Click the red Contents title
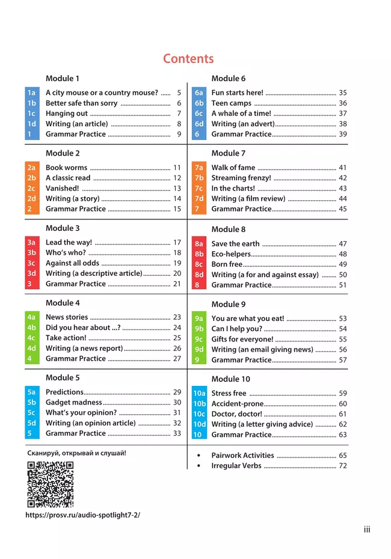pyautogui.click(x=188, y=59)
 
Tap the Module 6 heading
pyautogui.click(x=228, y=79)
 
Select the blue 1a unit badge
pyautogui.click(x=32, y=93)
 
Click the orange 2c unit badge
pyautogui.click(x=32, y=189)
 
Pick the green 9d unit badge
pyautogui.click(x=199, y=350)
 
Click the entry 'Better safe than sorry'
pyautogui.click(x=82, y=103)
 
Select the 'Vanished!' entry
pyautogui.click(x=63, y=189)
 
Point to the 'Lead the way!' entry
pyautogui.click(x=69, y=243)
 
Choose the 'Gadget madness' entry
pyautogui.click(x=74, y=403)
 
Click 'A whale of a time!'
pyautogui.click(x=241, y=114)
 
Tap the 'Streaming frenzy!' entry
pyautogui.click(x=241, y=179)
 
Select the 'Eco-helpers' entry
pyautogui.click(x=231, y=254)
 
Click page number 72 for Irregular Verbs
pyautogui.click(x=343, y=466)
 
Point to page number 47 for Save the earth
pyautogui.click(x=343, y=244)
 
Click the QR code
pyautogui.click(x=51, y=484)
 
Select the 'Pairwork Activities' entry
pyautogui.click(x=242, y=456)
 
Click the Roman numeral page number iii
pyautogui.click(x=367, y=530)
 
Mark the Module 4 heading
pyautogui.click(x=63, y=303)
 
